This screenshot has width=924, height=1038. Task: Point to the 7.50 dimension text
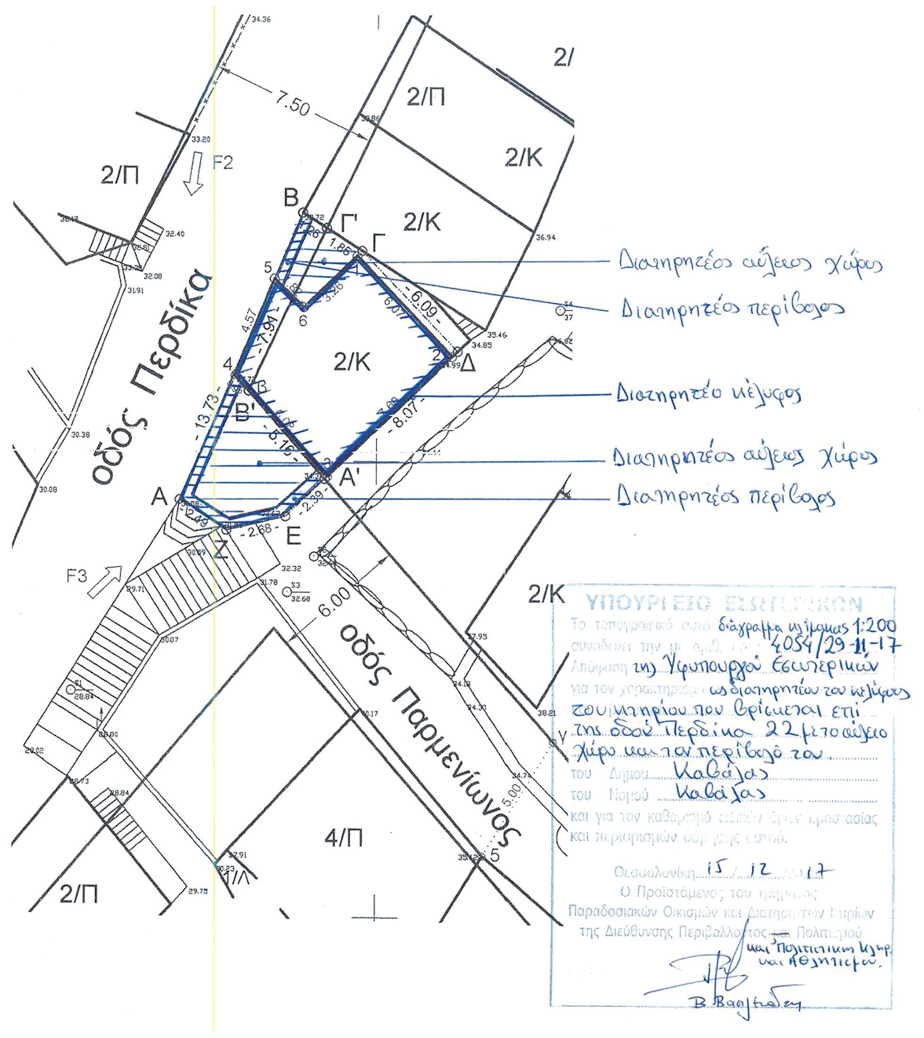(291, 102)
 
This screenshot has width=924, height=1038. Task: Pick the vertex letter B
(291, 198)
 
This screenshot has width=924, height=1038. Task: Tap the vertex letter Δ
(467, 364)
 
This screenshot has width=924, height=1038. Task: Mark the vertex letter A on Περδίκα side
(159, 497)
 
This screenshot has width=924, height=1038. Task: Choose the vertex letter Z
(221, 550)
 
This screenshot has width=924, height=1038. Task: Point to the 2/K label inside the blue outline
(352, 362)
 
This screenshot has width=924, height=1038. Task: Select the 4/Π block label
(344, 839)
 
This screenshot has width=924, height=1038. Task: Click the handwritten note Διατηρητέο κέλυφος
(708, 393)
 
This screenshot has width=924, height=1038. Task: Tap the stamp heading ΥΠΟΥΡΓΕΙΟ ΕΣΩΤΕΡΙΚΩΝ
(723, 603)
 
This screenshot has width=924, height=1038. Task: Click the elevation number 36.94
(546, 237)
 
